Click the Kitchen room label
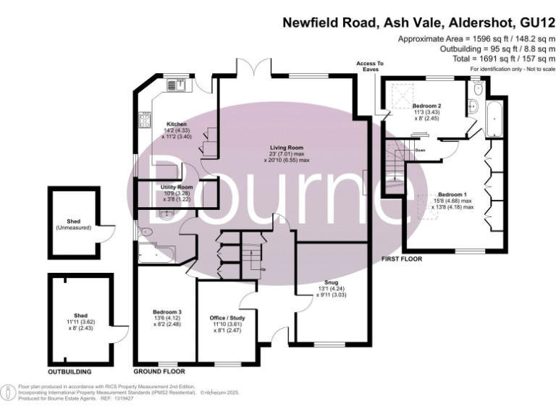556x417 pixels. coord(177,124)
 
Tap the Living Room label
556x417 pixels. coord(287,148)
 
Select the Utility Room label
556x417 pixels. coord(177,187)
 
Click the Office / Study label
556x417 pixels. coord(226,319)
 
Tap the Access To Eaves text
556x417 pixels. coord(370,67)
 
